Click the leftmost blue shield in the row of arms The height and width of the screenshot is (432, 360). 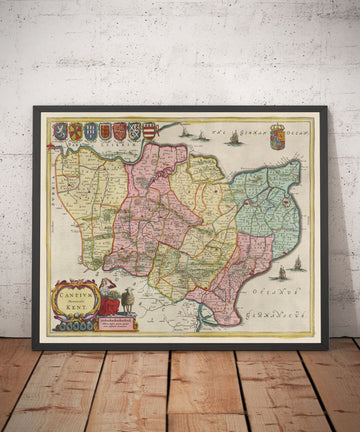60,131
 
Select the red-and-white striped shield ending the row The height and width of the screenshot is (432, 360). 150,130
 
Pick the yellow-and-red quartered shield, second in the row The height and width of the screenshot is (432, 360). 75,131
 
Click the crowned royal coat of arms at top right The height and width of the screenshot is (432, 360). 278,137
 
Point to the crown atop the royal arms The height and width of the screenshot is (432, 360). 278,126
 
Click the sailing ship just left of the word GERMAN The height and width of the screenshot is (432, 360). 232,139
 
